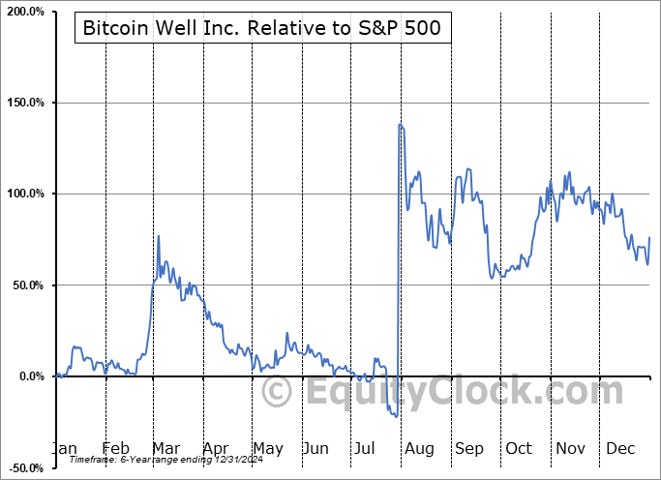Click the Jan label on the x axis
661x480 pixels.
[x=64, y=448]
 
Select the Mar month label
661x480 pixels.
[x=165, y=448]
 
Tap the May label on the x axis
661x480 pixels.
[x=267, y=448]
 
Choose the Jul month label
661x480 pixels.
[x=366, y=448]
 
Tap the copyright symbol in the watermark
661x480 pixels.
[x=277, y=392]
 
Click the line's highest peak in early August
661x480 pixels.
[x=400, y=124]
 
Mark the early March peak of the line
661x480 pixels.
[x=159, y=236]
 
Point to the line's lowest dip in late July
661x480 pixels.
[x=397, y=416]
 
